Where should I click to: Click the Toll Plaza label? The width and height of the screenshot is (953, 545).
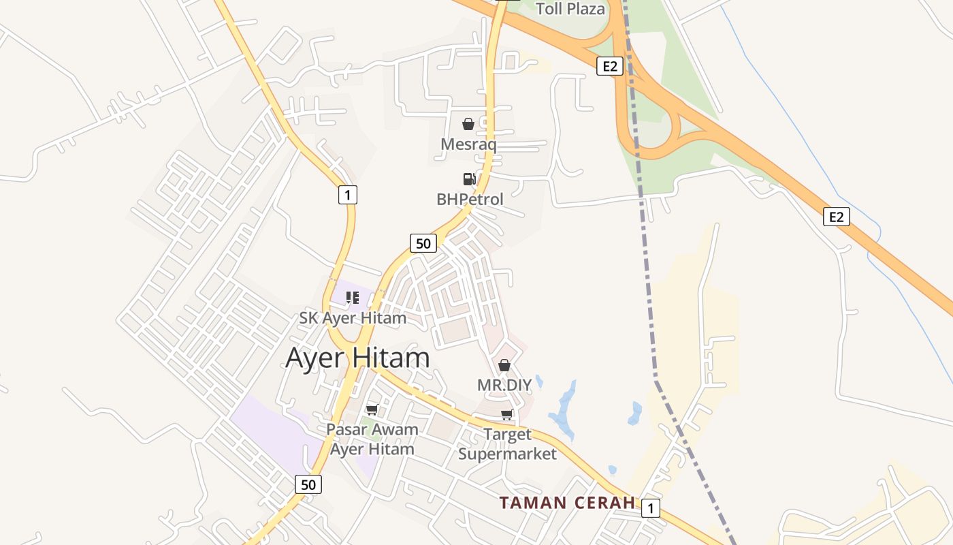[570, 9]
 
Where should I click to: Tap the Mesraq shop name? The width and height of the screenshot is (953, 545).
[468, 144]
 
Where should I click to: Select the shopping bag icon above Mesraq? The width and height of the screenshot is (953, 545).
[468, 124]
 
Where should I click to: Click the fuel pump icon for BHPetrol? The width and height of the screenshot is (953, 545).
[469, 179]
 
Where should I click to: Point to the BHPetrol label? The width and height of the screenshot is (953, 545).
[470, 200]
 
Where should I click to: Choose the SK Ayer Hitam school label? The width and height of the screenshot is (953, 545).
[353, 318]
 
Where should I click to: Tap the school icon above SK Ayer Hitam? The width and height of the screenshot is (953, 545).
[352, 298]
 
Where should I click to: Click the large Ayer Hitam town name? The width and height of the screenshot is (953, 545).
[357, 358]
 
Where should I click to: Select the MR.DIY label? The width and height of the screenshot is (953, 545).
[504, 385]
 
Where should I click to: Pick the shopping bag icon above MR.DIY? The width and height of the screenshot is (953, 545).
[504, 366]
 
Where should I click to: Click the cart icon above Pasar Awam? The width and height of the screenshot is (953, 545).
[372, 409]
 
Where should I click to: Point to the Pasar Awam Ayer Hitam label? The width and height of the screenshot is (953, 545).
[372, 439]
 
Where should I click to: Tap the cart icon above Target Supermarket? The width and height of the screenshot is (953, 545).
[507, 415]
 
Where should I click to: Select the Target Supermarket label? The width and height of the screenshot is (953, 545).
[507, 444]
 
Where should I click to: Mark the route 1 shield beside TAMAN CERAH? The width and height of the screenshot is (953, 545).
[651, 508]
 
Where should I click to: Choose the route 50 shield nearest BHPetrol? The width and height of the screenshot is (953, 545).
[423, 243]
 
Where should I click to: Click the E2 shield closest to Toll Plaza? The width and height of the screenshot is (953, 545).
[610, 66]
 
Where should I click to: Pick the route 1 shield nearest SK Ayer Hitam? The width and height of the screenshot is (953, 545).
[347, 196]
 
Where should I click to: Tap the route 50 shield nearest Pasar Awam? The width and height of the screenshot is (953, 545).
[308, 484]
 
